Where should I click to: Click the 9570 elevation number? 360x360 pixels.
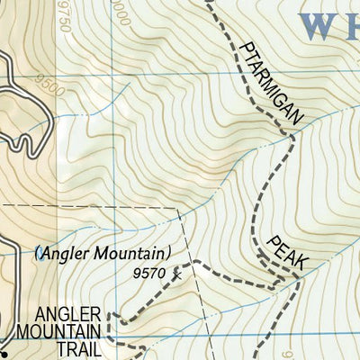(x=149, y=273)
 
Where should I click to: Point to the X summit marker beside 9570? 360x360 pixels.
(x=177, y=272)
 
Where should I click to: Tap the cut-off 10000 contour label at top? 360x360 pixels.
(x=118, y=4)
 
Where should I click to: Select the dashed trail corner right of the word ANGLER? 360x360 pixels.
(x=111, y=316)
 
